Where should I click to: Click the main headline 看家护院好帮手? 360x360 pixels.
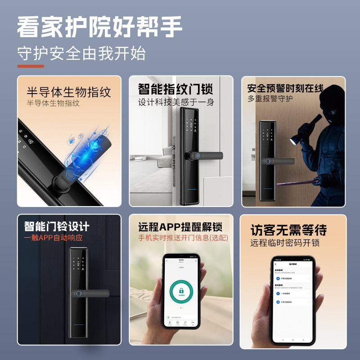100,27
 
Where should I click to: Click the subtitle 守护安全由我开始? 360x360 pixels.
81,54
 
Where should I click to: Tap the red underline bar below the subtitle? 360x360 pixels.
31,66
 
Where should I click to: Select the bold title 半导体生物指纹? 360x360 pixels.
69,92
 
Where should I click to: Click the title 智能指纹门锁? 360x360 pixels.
175,89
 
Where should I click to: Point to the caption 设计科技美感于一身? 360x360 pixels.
176,103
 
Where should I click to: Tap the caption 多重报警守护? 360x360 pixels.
270,99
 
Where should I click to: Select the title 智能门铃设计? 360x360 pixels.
57,226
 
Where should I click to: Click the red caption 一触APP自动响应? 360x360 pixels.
53,238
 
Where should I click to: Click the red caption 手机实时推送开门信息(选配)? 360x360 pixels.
183,238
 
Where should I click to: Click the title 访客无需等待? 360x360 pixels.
288,230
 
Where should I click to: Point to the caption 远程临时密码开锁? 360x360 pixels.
285,243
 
